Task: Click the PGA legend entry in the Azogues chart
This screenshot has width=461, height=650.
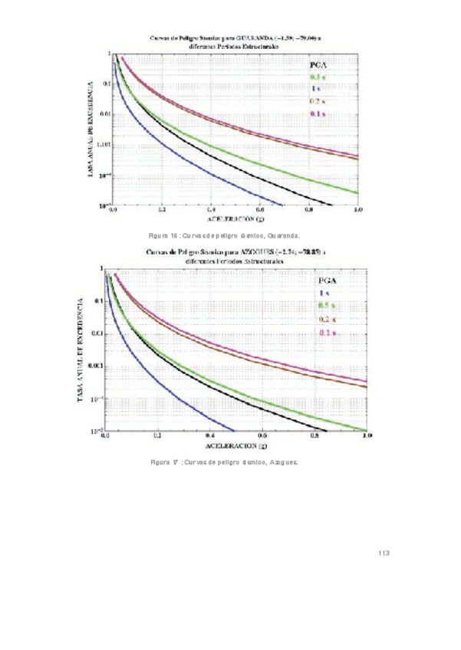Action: click(327, 281)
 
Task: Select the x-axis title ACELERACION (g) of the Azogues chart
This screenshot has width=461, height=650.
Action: click(235, 445)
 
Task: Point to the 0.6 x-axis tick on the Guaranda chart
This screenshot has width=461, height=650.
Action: click(260, 209)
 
